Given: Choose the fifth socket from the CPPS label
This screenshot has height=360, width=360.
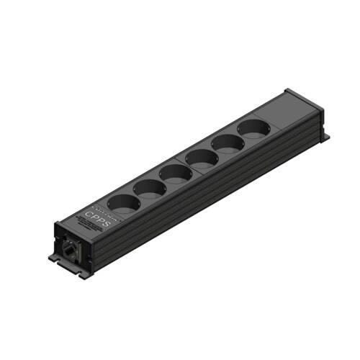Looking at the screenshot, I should tap(225, 141).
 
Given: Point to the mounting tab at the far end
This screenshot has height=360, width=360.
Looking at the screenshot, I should tap(325, 135).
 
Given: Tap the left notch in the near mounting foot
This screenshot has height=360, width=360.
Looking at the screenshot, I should tap(58, 258).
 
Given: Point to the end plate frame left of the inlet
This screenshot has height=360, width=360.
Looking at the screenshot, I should tap(56, 238).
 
